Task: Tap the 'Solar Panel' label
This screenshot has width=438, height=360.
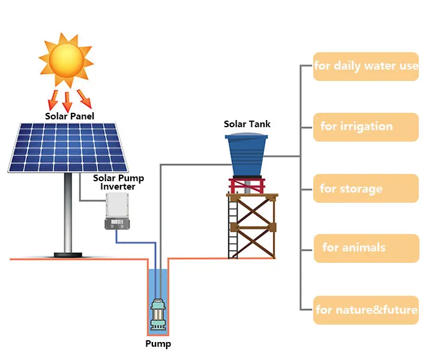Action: click(70, 116)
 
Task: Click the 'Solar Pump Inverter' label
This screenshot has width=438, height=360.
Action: click(118, 182)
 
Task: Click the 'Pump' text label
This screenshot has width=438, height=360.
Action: click(158, 344)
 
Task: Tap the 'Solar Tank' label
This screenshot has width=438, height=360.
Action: click(247, 124)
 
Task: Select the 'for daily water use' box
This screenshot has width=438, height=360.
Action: click(365, 66)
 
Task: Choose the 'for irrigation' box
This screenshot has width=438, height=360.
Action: click(365, 127)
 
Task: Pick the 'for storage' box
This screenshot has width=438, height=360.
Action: click(365, 188)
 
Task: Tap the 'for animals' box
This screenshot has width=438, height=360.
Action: click(365, 248)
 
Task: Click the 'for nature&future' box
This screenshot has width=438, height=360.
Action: click(365, 310)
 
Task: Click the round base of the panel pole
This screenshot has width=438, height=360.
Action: click(68, 254)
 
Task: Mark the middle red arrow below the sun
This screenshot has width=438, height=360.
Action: click(67, 100)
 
